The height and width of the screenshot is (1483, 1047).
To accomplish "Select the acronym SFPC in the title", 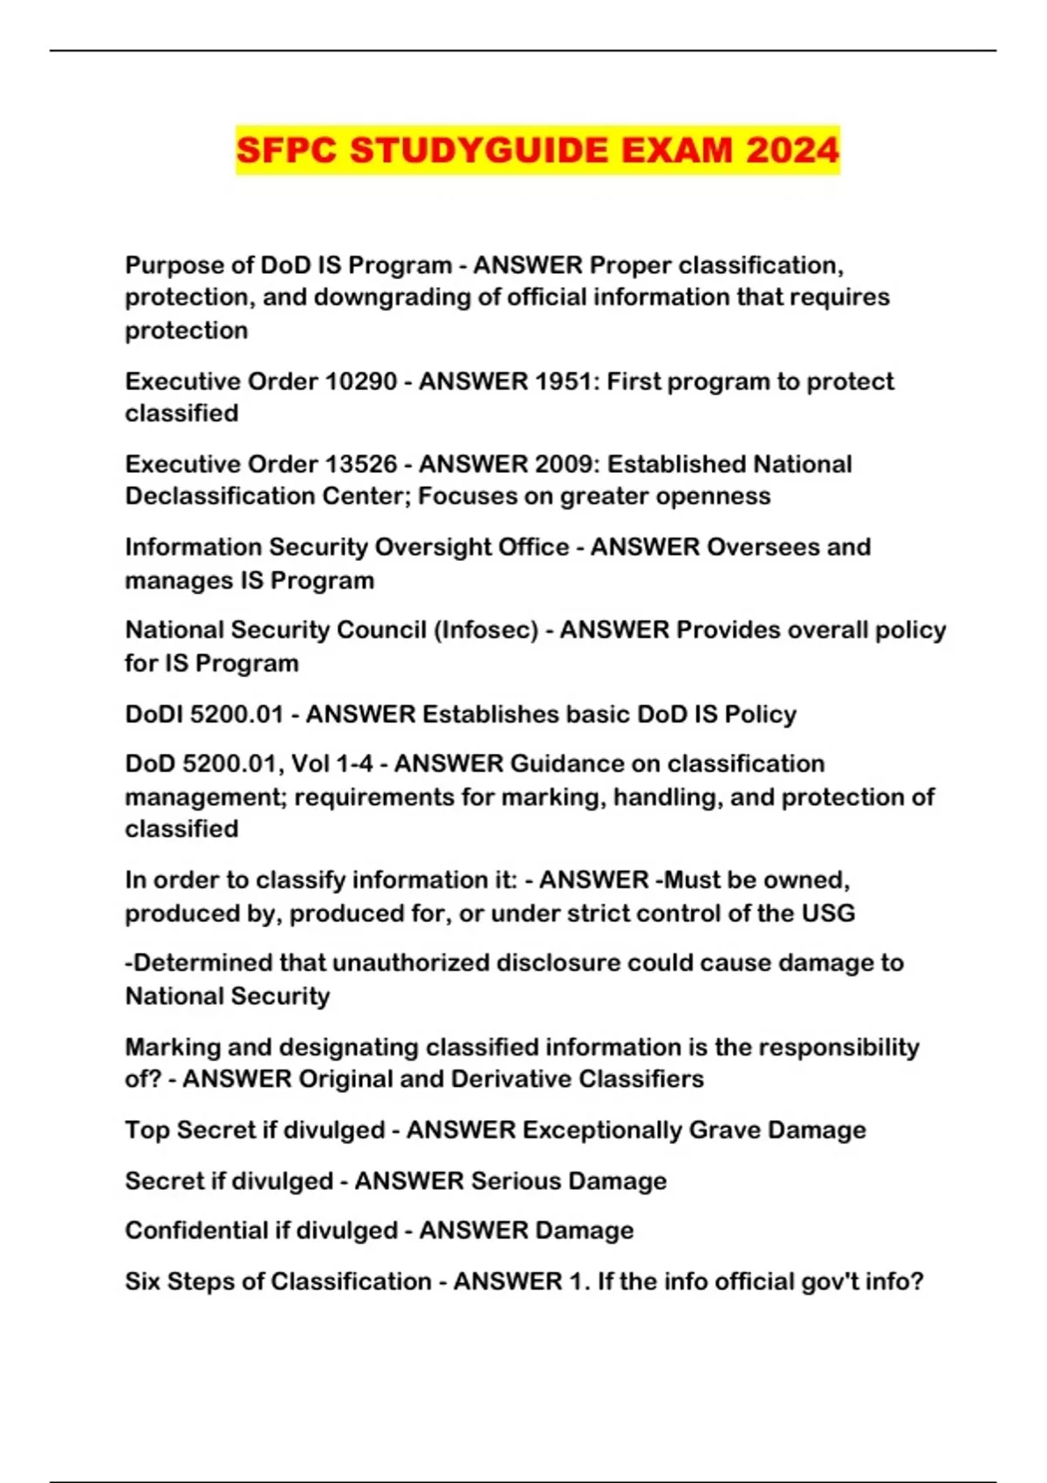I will pos(286,150).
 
